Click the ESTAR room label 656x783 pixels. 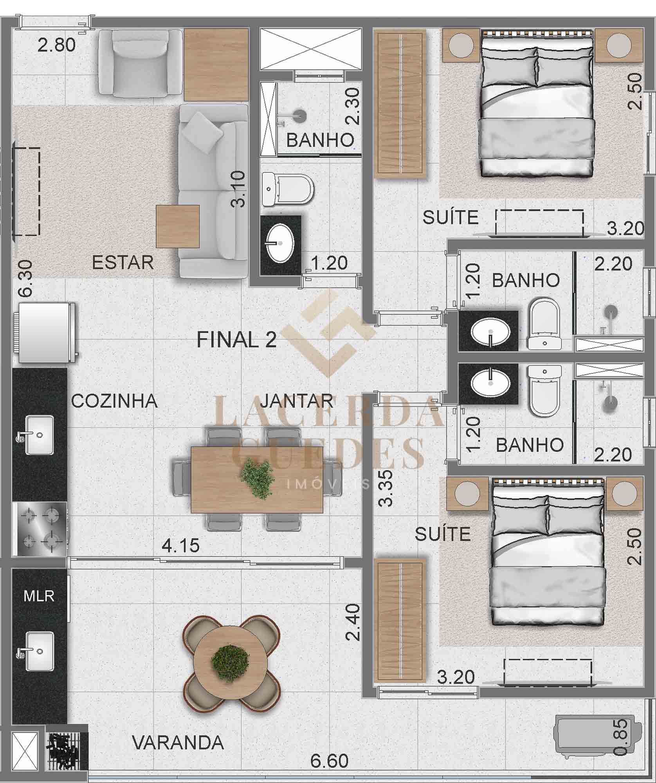click(x=123, y=262)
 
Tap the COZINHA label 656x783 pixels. click(x=114, y=401)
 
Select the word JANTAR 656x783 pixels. click(x=297, y=401)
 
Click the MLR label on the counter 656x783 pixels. click(x=39, y=596)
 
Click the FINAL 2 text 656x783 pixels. click(x=236, y=339)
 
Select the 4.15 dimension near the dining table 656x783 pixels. click(x=181, y=545)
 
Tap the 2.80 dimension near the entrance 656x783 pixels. click(x=57, y=45)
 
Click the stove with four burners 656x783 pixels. click(x=40, y=529)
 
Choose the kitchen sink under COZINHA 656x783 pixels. click(x=39, y=435)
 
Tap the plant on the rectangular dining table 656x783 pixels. click(x=257, y=478)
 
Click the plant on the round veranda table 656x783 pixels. click(x=230, y=663)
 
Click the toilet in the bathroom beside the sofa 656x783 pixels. click(x=288, y=189)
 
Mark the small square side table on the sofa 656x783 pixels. click(x=178, y=226)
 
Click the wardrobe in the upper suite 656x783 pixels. click(x=400, y=103)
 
